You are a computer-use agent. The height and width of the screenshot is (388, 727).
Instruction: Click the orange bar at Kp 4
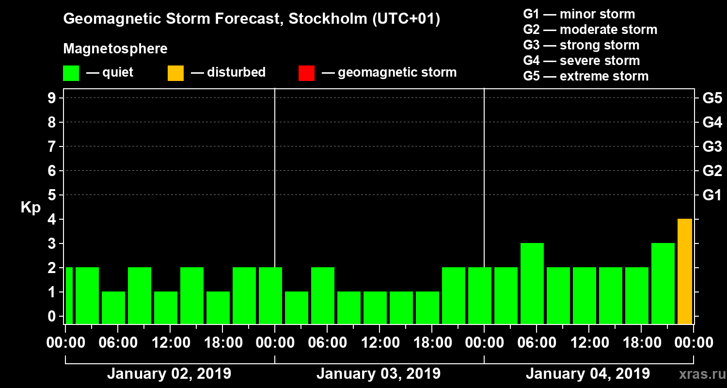685,271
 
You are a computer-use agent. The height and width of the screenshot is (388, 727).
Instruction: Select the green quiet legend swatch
71,73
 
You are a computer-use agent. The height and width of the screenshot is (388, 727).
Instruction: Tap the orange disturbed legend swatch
175,73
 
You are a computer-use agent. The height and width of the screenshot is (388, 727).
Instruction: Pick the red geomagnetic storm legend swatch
306,73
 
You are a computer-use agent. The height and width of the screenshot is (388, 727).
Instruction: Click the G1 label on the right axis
712,195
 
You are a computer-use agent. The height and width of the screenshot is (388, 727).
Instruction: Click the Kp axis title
31,208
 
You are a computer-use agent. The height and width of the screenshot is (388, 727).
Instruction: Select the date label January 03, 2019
379,374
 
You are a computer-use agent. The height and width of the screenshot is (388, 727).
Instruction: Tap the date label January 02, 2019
169,374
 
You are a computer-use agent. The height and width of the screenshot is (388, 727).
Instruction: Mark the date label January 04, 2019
588,374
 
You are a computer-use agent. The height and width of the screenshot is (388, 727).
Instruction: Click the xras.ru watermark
698,374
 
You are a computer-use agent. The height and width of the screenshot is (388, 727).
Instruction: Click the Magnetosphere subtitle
115,49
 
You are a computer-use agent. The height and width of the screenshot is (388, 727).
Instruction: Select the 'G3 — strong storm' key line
581,45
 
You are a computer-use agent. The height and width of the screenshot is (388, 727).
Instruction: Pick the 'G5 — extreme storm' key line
585,76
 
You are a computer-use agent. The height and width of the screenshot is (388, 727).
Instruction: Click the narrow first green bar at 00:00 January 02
69,295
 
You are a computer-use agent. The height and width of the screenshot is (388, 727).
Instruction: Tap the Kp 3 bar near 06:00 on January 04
532,283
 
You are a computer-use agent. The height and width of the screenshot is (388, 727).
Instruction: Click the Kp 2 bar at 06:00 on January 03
323,295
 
